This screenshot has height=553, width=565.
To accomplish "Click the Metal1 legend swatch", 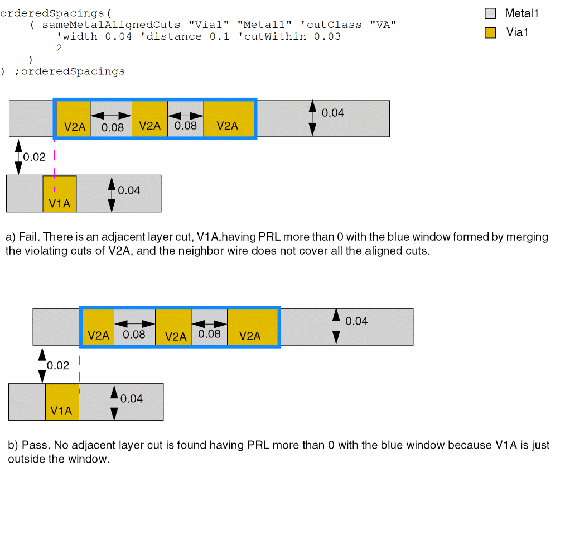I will tap(490, 13).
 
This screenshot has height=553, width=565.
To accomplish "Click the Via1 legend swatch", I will tap(490, 32).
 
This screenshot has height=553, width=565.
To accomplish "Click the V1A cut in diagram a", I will tap(60, 193).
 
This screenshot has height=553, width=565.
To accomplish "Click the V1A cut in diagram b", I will tap(62, 402).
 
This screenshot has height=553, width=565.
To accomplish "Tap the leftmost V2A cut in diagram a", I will tap(74, 118).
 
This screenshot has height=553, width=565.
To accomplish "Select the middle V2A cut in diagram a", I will tap(149, 118).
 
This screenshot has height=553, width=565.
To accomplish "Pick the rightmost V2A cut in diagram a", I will tap(228, 118).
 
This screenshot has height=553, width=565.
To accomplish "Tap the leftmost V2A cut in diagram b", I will tap(98, 327).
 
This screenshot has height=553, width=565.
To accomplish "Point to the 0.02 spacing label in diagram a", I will tap(35, 157).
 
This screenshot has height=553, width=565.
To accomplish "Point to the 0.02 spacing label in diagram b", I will tap(58, 365).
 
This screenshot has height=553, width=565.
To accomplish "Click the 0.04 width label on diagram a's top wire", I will tap(333, 113).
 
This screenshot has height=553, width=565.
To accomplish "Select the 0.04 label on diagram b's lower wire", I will tap(132, 399).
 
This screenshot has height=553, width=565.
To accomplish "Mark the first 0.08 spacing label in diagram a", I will tap(113, 127).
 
